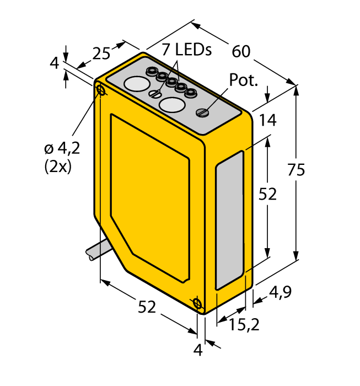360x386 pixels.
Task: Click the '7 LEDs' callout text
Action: tap(186, 50)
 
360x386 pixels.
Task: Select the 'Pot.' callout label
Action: tap(244, 81)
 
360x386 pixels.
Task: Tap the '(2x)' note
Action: tap(57, 167)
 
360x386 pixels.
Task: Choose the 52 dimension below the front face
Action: tap(147, 308)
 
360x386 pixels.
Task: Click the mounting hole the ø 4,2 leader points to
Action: tap(101, 89)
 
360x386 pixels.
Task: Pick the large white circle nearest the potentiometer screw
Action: tap(173, 105)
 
